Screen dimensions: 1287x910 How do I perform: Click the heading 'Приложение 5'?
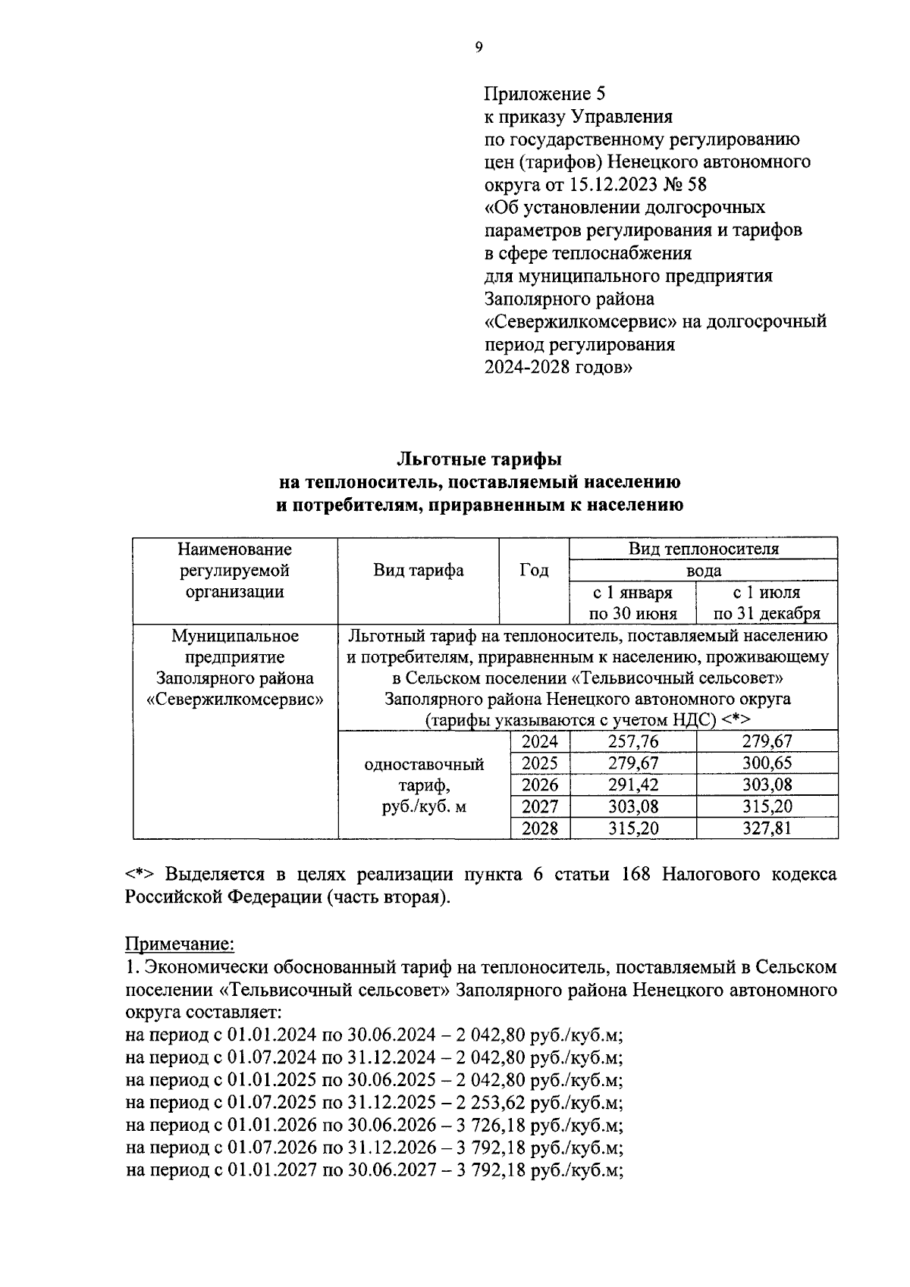[x=545, y=94]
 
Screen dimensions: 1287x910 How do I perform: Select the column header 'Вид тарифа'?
[x=418, y=571]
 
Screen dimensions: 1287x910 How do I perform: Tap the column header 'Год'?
[x=534, y=571]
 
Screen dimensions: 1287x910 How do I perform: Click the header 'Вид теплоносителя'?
[x=703, y=549]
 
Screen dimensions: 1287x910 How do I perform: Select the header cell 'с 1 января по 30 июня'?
[x=632, y=603]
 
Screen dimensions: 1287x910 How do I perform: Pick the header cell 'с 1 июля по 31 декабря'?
[x=767, y=603]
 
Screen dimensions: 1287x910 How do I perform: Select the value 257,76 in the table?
[x=632, y=741]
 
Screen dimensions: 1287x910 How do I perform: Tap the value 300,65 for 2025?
[x=767, y=763]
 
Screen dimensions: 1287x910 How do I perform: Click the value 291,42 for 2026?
[x=632, y=785]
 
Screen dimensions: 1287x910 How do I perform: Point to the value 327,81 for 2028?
[x=767, y=828]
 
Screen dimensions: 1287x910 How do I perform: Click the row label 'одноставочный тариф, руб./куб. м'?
[x=424, y=785]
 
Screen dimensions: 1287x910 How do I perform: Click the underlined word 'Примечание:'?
[x=180, y=944]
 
